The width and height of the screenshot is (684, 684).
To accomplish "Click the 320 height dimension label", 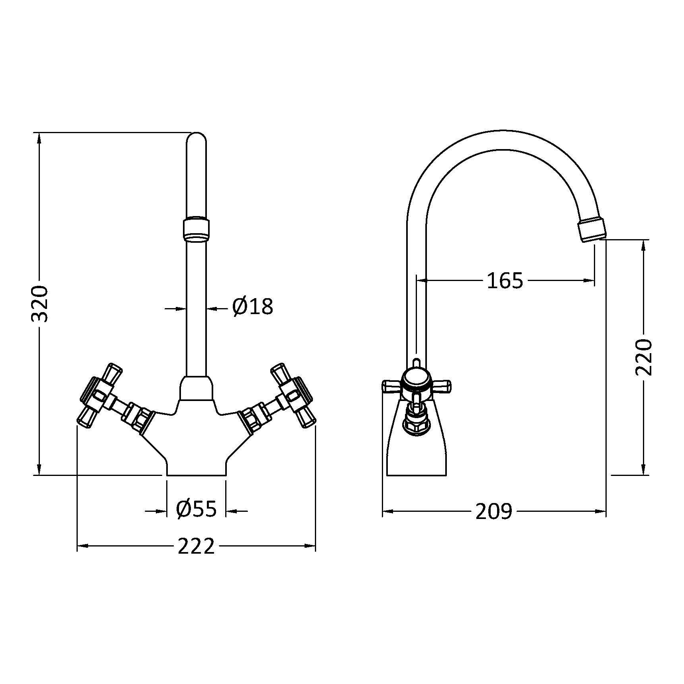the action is [x=40, y=304].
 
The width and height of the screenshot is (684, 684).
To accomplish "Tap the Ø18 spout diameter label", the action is [x=253, y=307].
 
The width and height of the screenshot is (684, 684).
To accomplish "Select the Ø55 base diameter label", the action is [x=196, y=509].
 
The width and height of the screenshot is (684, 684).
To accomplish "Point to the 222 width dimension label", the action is [x=196, y=546].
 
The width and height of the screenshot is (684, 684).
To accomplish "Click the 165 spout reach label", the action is [x=505, y=281].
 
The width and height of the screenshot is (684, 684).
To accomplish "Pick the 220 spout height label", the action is [x=643, y=357].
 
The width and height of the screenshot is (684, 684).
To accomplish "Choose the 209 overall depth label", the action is [x=493, y=511].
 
